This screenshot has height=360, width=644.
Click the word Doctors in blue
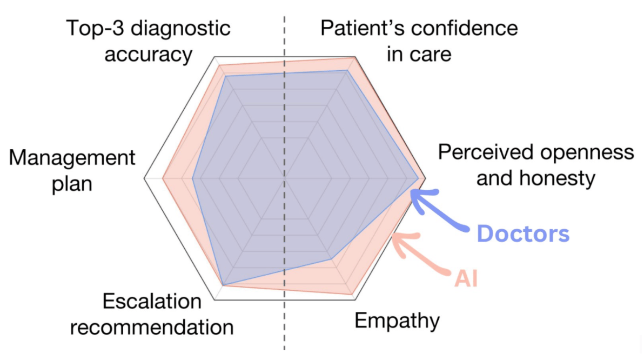point(523,234)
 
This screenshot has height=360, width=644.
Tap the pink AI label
point(466,278)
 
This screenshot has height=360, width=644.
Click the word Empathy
point(397,321)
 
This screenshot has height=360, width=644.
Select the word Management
point(72,158)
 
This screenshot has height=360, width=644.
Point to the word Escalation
point(152,301)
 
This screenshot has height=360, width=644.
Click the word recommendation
point(152,328)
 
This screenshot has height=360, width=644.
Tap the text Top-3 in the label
point(95,28)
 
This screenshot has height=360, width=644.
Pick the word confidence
point(465,28)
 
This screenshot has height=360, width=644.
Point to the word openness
point(587,152)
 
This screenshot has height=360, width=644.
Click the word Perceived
point(486,152)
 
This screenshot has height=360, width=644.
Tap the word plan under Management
point(72,184)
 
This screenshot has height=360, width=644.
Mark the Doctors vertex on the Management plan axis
point(193,178)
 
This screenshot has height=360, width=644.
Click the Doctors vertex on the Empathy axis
point(332,259)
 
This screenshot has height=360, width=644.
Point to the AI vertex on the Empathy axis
point(352,294)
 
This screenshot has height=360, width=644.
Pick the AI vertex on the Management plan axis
point(163,178)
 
